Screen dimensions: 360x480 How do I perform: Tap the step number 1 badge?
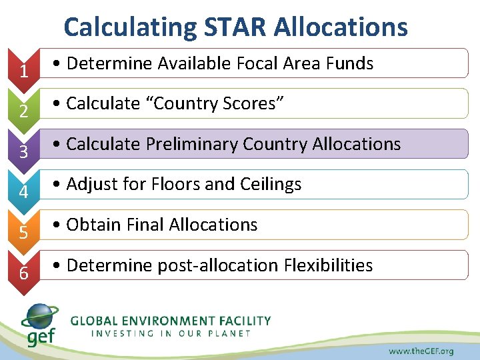click(23, 69)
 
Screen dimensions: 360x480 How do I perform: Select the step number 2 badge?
click(23, 110)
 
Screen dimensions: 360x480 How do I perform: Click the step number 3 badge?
click(23, 151)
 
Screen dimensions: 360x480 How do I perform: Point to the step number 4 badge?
click(23, 191)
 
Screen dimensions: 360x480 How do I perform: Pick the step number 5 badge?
click(23, 232)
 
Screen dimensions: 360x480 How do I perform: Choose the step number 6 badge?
click(23, 273)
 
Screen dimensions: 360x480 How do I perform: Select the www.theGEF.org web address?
click(421, 351)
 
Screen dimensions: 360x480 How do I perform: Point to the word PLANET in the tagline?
click(229, 333)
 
